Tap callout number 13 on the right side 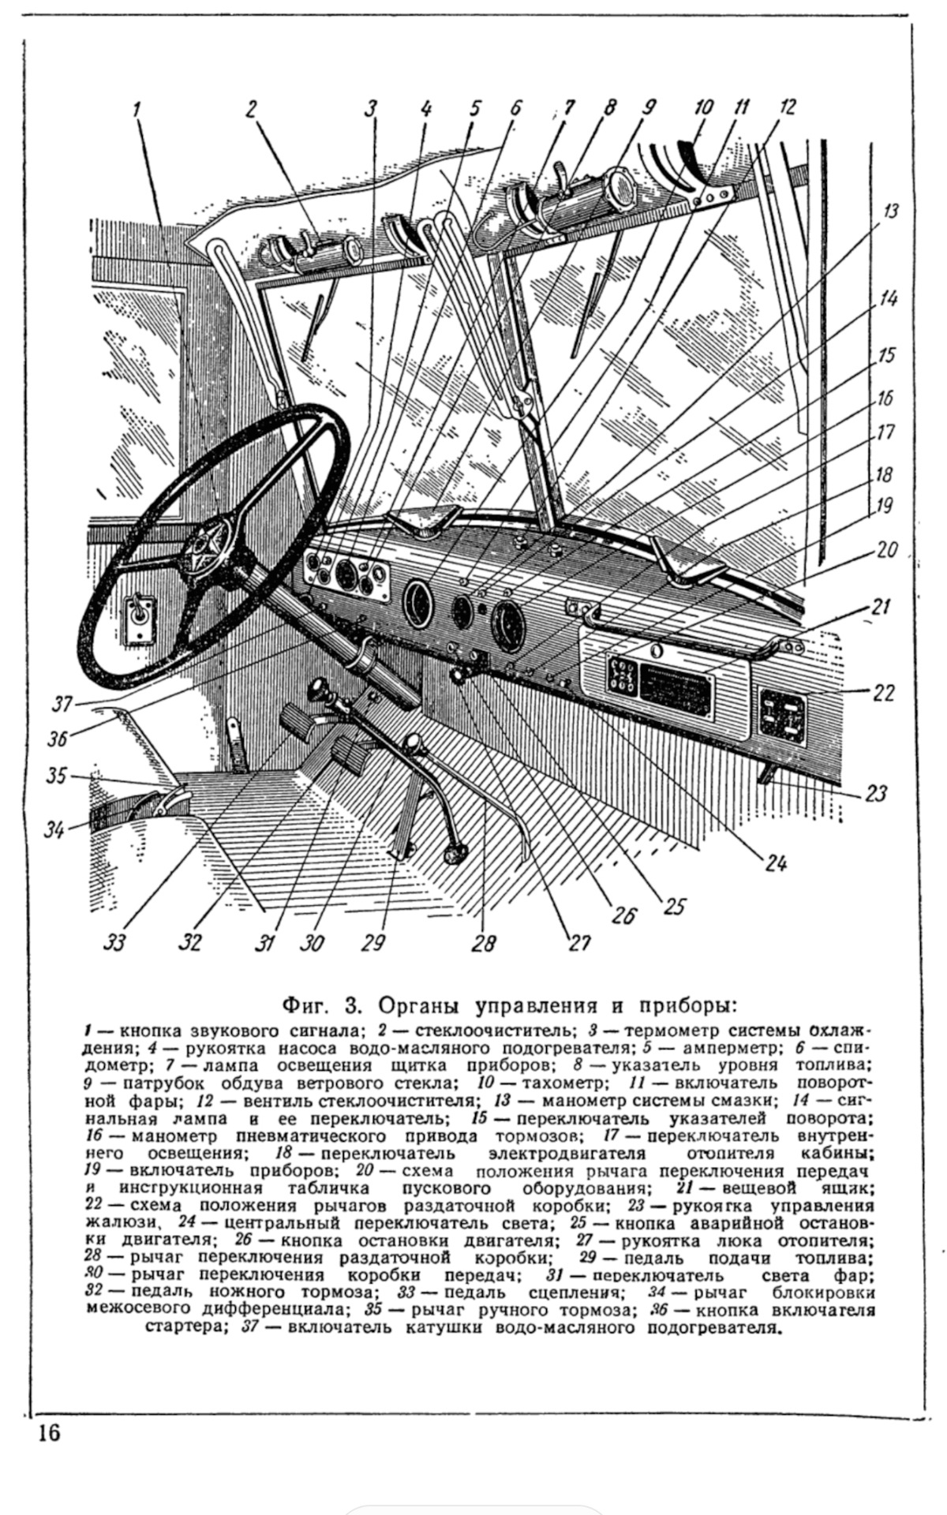(x=889, y=212)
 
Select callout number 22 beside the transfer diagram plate (x=884, y=693)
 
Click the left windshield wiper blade (x=321, y=324)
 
